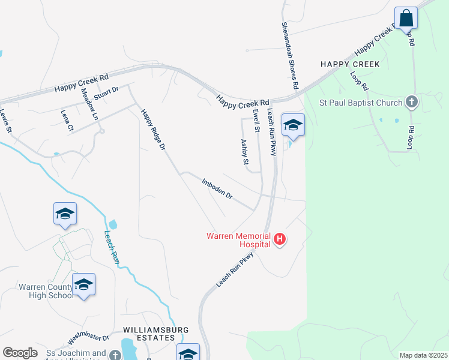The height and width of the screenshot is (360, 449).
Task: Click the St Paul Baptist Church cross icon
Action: [412, 103]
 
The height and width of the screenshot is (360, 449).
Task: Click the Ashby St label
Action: [244, 152]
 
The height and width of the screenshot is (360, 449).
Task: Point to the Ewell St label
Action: [256, 120]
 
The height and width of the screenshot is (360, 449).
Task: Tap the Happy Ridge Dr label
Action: [152, 129]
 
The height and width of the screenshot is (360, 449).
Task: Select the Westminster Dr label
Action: [87, 340]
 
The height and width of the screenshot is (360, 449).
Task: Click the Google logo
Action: [20, 353]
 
